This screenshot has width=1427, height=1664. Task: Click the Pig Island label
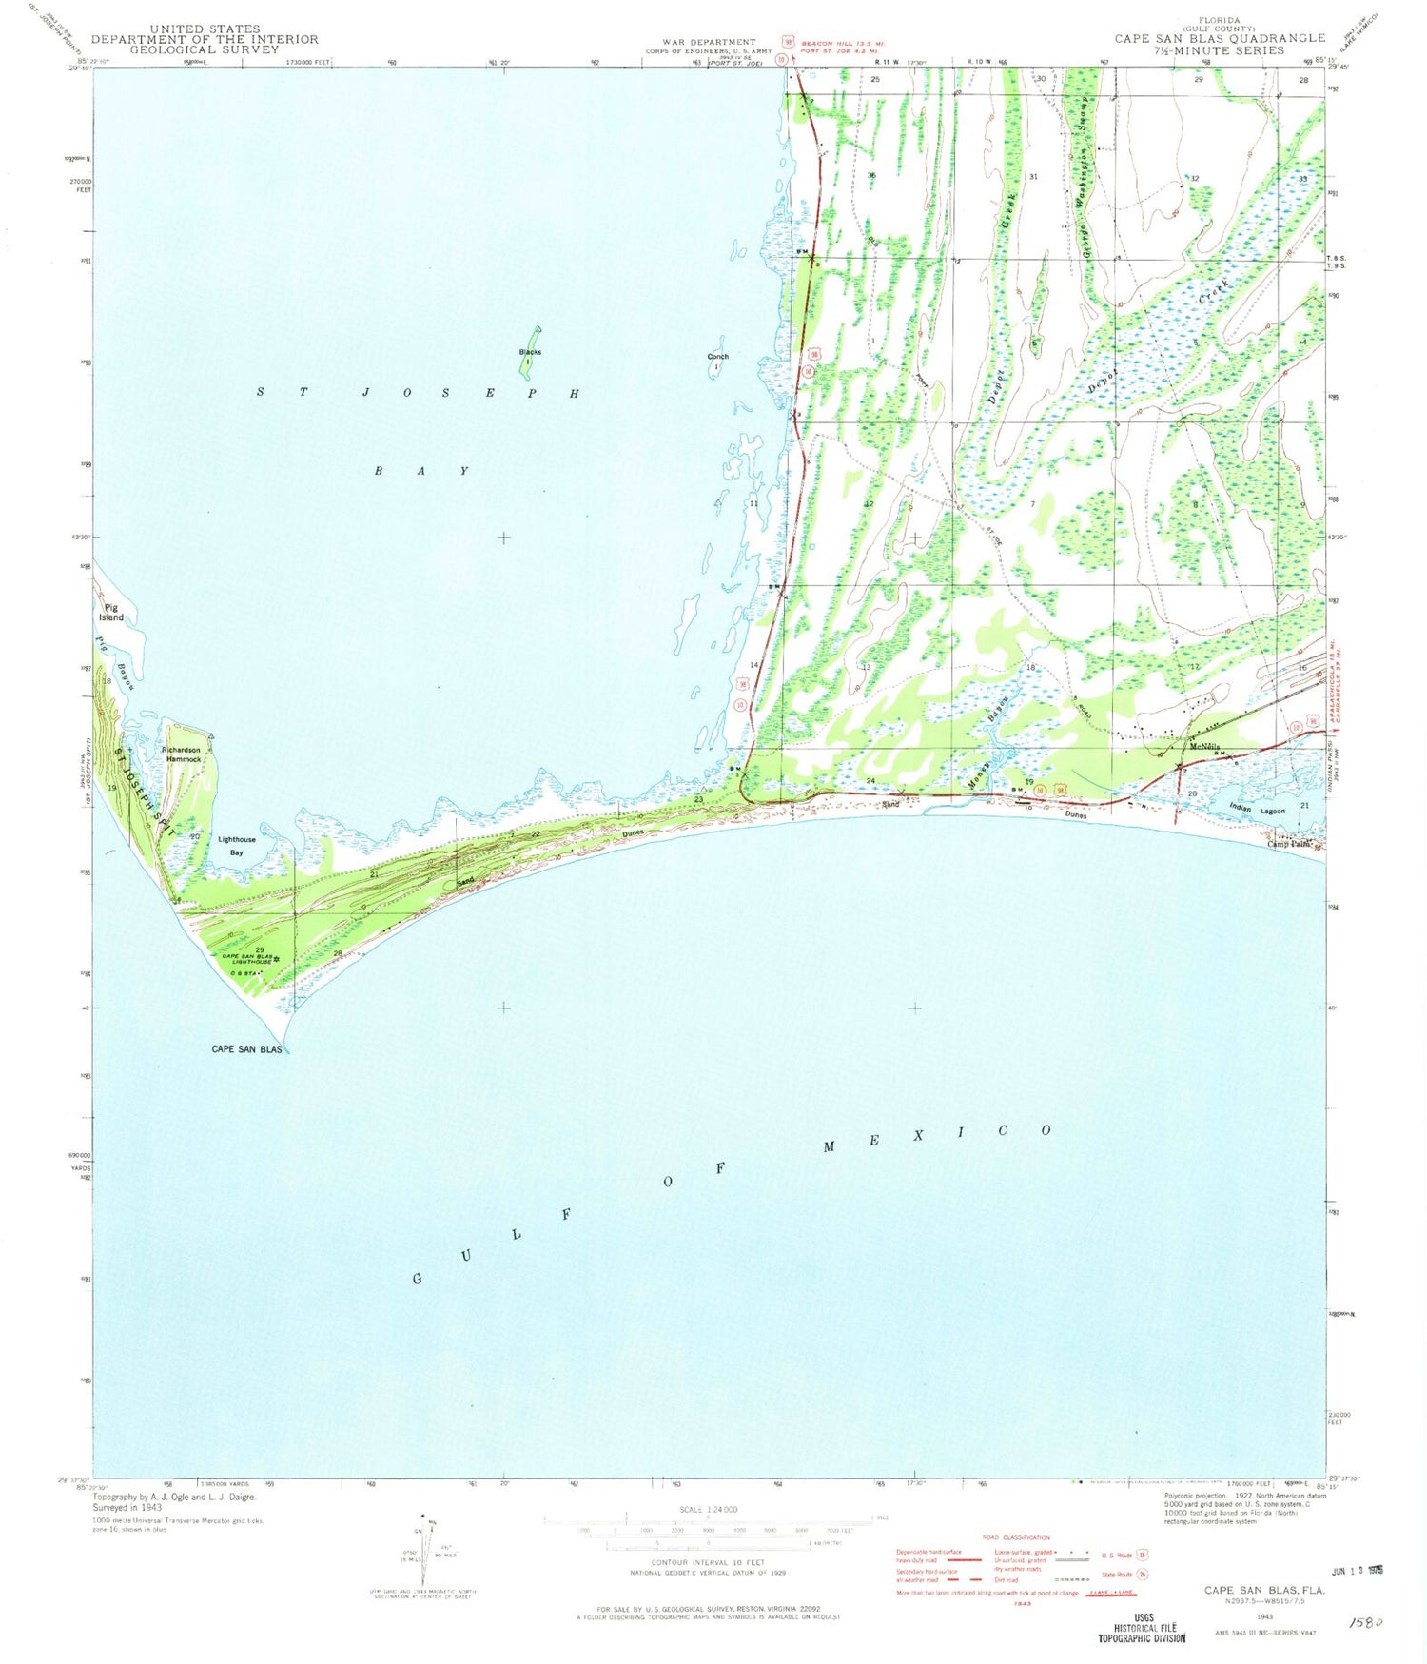tap(111, 612)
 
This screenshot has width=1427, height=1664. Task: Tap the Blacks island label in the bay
tap(530, 352)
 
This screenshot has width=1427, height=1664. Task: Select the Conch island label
tap(717, 357)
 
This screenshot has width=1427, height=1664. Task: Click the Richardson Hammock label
tap(181, 754)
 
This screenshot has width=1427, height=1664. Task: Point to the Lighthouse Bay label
tap(237, 846)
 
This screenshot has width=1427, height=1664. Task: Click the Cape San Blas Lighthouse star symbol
tap(277, 959)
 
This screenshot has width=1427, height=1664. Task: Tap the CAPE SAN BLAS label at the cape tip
tap(246, 1049)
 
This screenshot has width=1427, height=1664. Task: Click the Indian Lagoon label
tap(1256, 811)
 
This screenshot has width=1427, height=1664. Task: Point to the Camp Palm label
tap(1289, 844)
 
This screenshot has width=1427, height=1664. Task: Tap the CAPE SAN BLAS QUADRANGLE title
tap(1220, 38)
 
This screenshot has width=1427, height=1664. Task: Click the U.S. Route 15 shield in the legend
tap(1142, 1555)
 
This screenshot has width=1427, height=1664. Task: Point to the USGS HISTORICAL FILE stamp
tap(1142, 1628)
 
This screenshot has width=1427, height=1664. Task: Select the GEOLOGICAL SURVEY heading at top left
tap(205, 49)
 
